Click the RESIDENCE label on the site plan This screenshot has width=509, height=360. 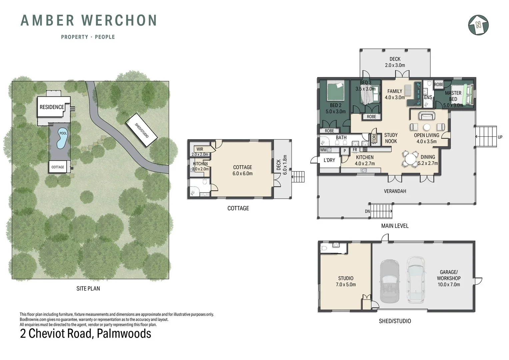[x=52, y=107]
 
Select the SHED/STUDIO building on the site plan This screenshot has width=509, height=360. [x=141, y=130]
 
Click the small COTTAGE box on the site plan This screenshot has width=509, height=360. [x=58, y=167]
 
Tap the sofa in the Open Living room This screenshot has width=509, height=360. [x=427, y=116]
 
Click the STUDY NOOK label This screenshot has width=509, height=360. [x=391, y=138]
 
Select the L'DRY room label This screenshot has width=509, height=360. [x=329, y=160]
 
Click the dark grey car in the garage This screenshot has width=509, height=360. [x=389, y=281]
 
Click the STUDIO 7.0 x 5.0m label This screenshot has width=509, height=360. [x=346, y=281]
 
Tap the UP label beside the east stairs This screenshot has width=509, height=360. [x=500, y=137]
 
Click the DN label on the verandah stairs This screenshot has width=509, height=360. [x=367, y=211]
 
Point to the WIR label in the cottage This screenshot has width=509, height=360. [x=200, y=149]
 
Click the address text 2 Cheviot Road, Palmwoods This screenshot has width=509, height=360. [x=86, y=333]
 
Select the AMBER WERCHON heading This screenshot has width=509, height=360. [x=89, y=20]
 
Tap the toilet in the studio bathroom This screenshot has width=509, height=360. [x=324, y=248]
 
